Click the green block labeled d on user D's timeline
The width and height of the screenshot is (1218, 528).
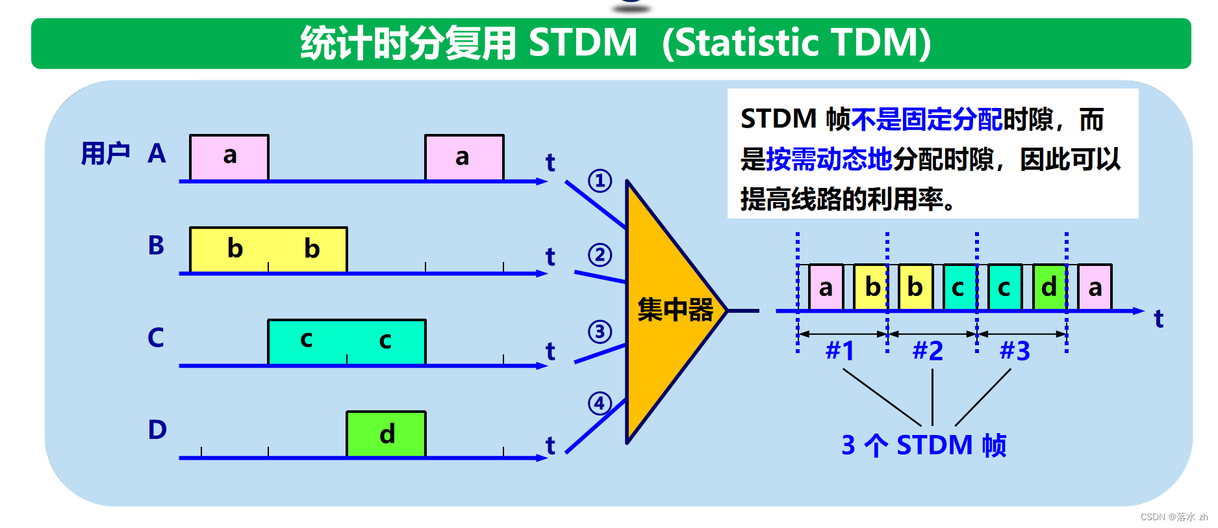(x=386, y=434)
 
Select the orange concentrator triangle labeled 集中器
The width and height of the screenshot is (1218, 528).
(x=669, y=310)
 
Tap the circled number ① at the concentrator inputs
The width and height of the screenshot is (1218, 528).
(x=600, y=180)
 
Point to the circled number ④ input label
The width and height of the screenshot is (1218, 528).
(x=600, y=403)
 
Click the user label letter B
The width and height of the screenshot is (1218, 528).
(x=156, y=246)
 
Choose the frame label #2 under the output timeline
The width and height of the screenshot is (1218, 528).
(x=928, y=351)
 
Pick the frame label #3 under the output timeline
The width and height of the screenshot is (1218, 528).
(x=1015, y=351)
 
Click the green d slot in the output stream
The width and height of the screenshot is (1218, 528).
(x=1049, y=287)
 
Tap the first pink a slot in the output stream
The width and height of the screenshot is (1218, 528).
(x=826, y=287)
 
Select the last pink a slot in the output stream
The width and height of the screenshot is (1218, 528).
(x=1095, y=287)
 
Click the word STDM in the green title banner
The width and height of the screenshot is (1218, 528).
(x=583, y=43)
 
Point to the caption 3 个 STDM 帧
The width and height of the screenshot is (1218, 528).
(x=923, y=445)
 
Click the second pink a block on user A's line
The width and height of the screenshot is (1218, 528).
(x=464, y=157)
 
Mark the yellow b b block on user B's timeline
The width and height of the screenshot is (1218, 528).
(x=268, y=249)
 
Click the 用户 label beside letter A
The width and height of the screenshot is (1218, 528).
(x=105, y=154)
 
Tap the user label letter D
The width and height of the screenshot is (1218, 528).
(x=157, y=430)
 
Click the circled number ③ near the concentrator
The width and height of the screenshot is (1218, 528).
(x=600, y=332)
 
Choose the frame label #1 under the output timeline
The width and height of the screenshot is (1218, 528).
(x=840, y=351)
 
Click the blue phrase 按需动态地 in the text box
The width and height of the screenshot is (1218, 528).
(x=829, y=159)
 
